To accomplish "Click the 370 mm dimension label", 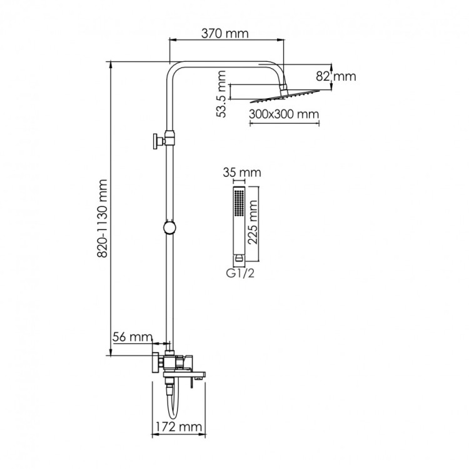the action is (x=224, y=34).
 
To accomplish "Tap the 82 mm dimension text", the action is (x=336, y=76).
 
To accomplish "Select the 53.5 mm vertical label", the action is (x=221, y=94).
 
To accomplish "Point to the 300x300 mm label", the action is (x=284, y=114).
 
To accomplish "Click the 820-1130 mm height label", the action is (x=103, y=218).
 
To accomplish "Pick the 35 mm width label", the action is (x=241, y=173).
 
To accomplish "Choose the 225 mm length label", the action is (x=253, y=222).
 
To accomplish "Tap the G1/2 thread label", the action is (x=240, y=273).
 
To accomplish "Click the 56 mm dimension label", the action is (x=133, y=337).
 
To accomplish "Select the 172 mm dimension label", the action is (x=179, y=426).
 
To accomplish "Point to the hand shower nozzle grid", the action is (x=240, y=202).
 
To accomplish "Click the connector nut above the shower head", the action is (x=283, y=88).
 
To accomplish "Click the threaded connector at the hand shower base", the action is (x=239, y=258).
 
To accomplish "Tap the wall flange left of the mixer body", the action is (x=155, y=363).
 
